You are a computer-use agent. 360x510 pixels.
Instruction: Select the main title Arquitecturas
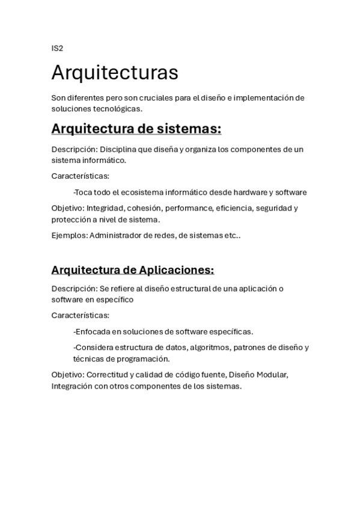tap(115, 72)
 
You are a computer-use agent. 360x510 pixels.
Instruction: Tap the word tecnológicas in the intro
tap(118, 109)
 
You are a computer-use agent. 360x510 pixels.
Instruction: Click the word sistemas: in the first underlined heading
tap(190, 129)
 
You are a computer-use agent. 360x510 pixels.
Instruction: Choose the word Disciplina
tap(120, 149)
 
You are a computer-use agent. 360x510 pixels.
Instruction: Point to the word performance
tap(188, 208)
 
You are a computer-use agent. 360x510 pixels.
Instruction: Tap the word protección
tap(71, 220)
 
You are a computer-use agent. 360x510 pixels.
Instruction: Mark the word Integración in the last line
tap(72, 386)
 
